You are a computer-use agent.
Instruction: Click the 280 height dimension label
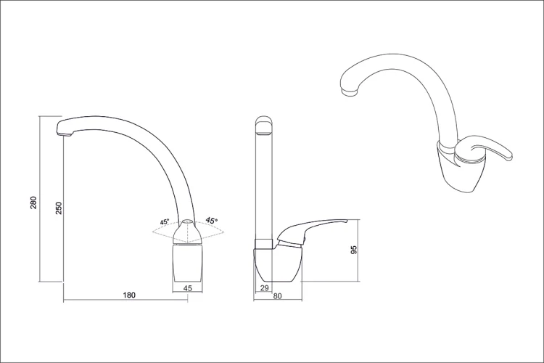tap(33, 203)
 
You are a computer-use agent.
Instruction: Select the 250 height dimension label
tap(59, 208)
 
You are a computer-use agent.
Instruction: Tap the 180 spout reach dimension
tap(129, 295)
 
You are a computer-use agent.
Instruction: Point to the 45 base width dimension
tap(187, 288)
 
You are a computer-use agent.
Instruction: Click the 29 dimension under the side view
tap(264, 288)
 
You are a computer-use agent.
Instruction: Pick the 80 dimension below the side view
tap(277, 296)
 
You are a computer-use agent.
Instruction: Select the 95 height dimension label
tap(353, 250)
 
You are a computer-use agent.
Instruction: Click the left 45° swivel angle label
tap(165, 222)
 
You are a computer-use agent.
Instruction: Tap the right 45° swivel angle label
tap(212, 220)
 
